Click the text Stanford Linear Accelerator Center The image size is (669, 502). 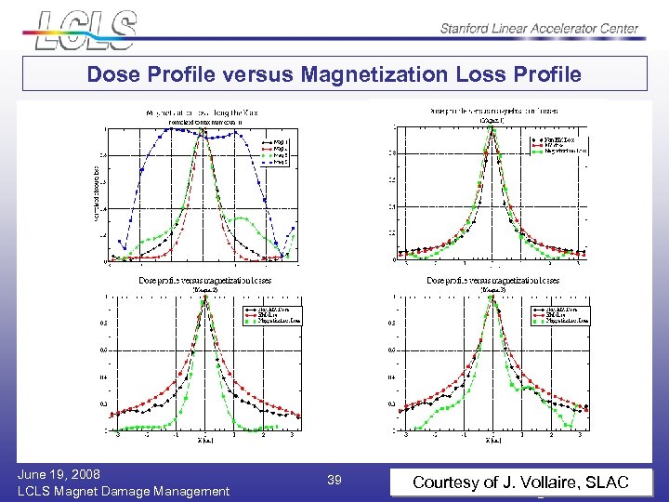(x=539, y=28)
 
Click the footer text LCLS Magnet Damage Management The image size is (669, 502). (x=124, y=491)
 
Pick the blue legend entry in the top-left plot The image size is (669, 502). (x=276, y=162)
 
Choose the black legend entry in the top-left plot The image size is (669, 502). (x=276, y=142)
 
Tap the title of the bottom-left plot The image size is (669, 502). (x=205, y=280)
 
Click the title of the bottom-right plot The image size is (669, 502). (x=492, y=280)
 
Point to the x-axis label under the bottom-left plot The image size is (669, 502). (x=205, y=442)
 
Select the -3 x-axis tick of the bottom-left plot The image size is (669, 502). (x=117, y=434)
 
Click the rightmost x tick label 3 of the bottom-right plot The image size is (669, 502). (x=580, y=434)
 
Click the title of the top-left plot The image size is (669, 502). (x=205, y=112)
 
